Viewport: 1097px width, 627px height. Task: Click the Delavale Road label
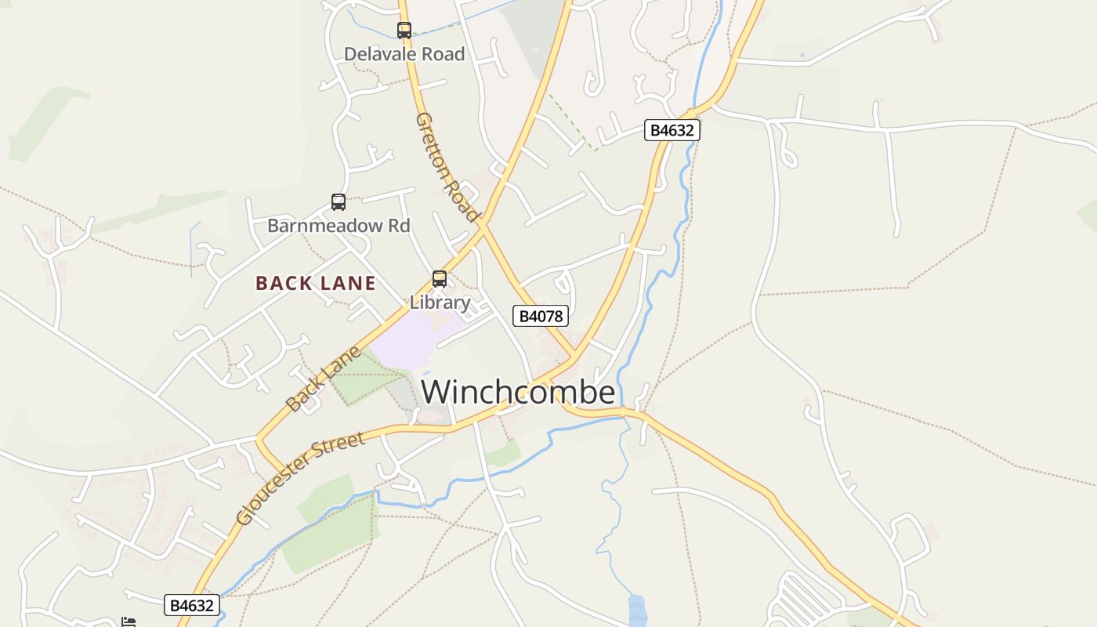click(404, 54)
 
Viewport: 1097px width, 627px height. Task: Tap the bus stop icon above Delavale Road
click(404, 31)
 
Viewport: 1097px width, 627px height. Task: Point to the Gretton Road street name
click(446, 167)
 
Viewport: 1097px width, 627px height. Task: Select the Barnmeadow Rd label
click(339, 226)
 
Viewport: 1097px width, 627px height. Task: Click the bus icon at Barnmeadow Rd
click(339, 202)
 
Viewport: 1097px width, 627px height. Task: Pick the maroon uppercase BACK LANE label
click(316, 283)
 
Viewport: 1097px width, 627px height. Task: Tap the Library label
click(440, 303)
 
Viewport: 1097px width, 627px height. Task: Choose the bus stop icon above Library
click(440, 279)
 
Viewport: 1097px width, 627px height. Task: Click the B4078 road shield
click(540, 317)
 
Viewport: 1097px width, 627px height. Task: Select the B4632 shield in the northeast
click(672, 130)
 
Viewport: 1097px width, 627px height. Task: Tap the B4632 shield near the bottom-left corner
click(192, 605)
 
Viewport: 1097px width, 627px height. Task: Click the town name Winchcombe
click(518, 393)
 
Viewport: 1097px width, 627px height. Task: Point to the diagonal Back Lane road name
click(324, 379)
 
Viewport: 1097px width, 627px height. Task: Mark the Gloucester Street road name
click(300, 477)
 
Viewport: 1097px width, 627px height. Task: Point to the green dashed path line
click(570, 121)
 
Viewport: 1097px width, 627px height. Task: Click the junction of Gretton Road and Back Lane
click(483, 227)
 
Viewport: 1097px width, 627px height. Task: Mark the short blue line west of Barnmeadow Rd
click(192, 249)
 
